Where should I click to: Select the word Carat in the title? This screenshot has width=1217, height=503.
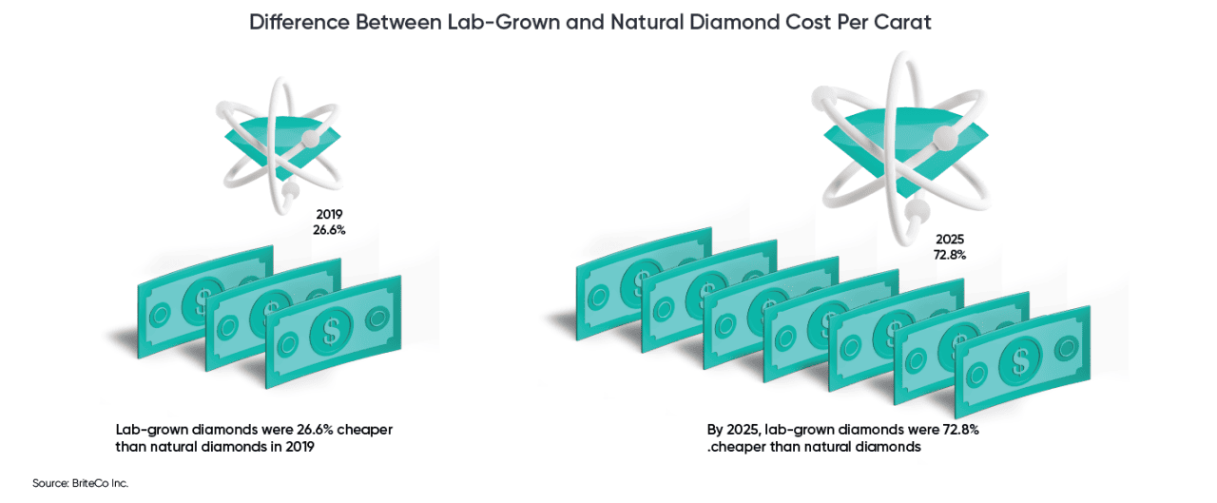point(904,23)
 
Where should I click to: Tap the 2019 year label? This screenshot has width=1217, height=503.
point(329,214)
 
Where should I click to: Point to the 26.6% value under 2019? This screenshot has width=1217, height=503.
point(329,230)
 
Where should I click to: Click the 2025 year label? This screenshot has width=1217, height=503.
point(949,239)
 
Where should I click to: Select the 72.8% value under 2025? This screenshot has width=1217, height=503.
point(949,255)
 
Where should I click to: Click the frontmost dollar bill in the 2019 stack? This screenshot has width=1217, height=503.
point(333,331)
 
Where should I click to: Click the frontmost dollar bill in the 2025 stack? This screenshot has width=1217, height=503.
point(1021,360)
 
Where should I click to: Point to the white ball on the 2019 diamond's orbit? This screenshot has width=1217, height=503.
point(309,140)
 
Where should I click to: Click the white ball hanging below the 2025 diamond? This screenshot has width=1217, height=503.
point(918,210)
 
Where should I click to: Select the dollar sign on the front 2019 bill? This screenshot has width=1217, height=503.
point(333,331)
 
